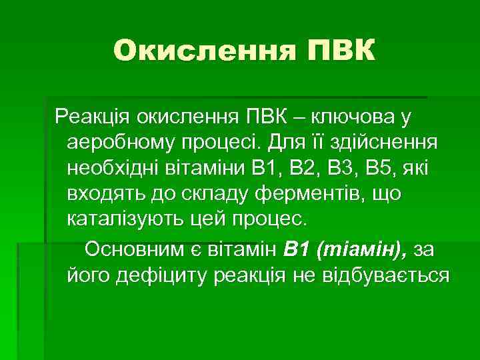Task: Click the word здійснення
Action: point(381,143)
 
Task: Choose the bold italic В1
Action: point(296,249)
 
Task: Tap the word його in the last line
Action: point(87,274)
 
